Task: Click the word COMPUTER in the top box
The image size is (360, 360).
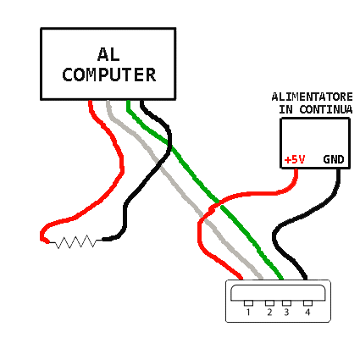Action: coord(109,75)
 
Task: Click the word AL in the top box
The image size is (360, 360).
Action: coord(108,54)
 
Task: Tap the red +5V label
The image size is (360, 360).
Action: coord(295,159)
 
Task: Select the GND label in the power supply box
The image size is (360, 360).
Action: coord(334,159)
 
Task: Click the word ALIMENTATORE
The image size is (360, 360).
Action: coord(312,97)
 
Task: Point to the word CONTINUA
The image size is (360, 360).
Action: coord(326,109)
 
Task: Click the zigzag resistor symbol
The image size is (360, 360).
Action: coord(75,241)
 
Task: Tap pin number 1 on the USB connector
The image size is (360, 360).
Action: coord(248,313)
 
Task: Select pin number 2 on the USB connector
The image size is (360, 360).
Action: coord(269,313)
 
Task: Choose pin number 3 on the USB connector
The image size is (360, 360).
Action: coord(286,313)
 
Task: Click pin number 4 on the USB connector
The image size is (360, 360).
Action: coord(307,313)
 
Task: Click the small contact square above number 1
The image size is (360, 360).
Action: coord(248,303)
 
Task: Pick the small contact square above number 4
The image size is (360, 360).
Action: coord(307,303)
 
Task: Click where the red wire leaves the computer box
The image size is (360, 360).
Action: coord(91,101)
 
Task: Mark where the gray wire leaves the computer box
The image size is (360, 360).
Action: coord(108,101)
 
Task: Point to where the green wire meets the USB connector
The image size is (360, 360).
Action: coord(281,279)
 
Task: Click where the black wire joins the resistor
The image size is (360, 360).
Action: coord(102,240)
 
